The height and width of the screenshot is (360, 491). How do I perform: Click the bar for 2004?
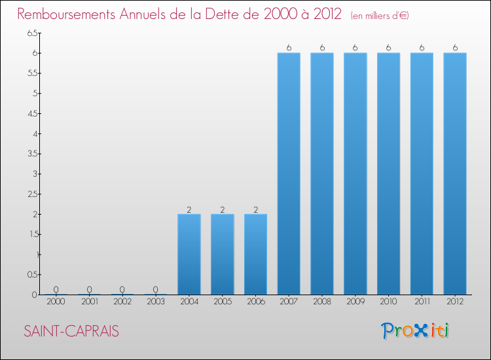(189, 254)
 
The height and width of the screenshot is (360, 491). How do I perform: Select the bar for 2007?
(289, 173)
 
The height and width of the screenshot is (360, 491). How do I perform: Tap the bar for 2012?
(455, 173)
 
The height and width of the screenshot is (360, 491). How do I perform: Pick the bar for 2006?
(255, 254)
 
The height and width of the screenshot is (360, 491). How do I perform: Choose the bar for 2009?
(355, 173)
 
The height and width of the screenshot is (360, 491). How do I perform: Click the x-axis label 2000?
(56, 302)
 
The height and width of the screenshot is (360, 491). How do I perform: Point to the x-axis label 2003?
(156, 302)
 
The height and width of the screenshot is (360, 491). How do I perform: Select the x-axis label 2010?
(388, 302)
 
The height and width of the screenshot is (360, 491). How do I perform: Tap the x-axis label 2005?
(222, 302)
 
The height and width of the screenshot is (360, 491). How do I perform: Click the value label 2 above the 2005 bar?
(222, 209)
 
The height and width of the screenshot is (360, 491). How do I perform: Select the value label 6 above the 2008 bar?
(322, 47)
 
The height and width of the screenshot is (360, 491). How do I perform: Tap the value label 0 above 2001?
(90, 289)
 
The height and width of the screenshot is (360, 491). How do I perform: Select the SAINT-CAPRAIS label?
(72, 331)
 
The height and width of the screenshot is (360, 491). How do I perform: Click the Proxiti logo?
(416, 331)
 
